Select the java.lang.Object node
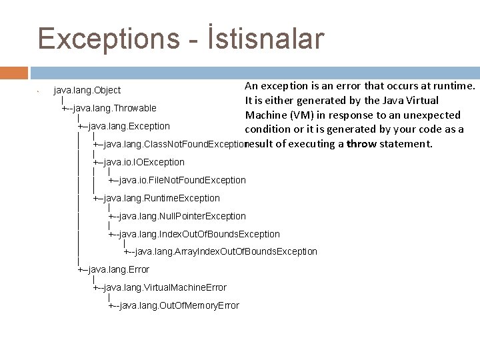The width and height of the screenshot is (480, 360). (x=87, y=90)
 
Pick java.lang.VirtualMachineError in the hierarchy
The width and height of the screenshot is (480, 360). (x=167, y=287)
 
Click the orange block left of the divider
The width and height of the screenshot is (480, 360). (x=13, y=73)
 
